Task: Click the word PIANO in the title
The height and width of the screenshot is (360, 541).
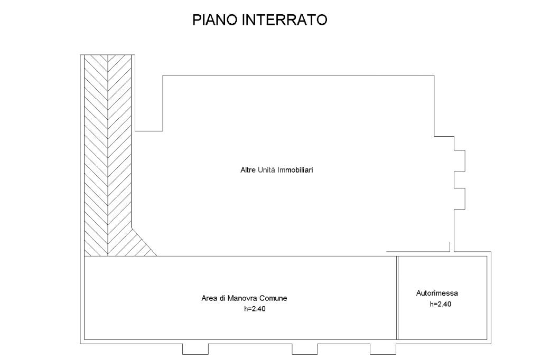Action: pyautogui.click(x=214, y=20)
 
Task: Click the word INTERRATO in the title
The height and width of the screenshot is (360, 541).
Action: pyautogui.click(x=285, y=20)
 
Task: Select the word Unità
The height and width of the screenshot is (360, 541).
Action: pyautogui.click(x=267, y=170)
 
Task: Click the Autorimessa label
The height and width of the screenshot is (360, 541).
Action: pyautogui.click(x=437, y=293)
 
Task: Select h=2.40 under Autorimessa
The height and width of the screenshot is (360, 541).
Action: pyautogui.click(x=441, y=304)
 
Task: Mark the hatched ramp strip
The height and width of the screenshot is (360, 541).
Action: pyautogui.click(x=108, y=148)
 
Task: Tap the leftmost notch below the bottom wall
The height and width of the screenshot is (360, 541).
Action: pyautogui.click(x=195, y=349)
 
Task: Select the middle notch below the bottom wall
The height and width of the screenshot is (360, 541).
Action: pyautogui.click(x=305, y=349)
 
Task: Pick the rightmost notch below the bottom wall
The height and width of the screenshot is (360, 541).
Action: pyautogui.click(x=383, y=349)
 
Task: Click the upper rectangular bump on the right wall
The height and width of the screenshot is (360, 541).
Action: pyautogui.click(x=459, y=161)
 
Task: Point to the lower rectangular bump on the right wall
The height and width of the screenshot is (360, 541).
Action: pyautogui.click(x=459, y=198)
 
